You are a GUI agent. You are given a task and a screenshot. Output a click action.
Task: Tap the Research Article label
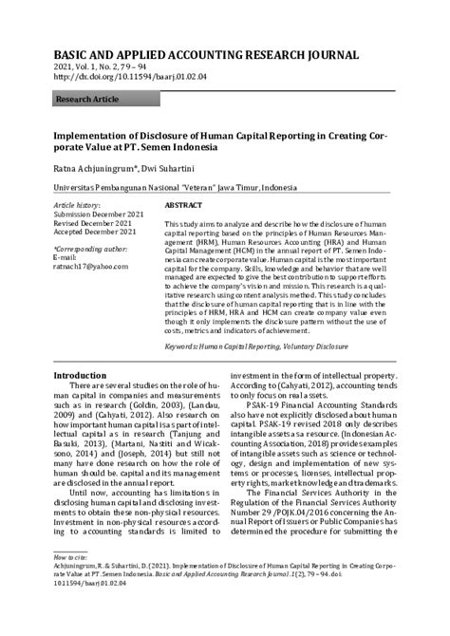point(87,98)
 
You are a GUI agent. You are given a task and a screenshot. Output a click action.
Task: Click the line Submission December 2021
point(94,214)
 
